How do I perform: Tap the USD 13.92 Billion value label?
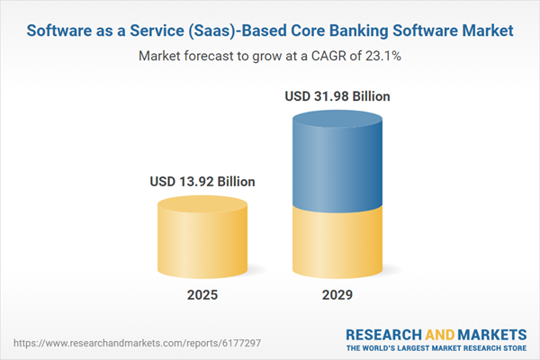202,181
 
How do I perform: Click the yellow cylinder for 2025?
202,237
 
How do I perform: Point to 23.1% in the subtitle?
382,56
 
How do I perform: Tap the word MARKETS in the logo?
488,331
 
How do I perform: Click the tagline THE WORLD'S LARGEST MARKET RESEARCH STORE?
436,347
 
